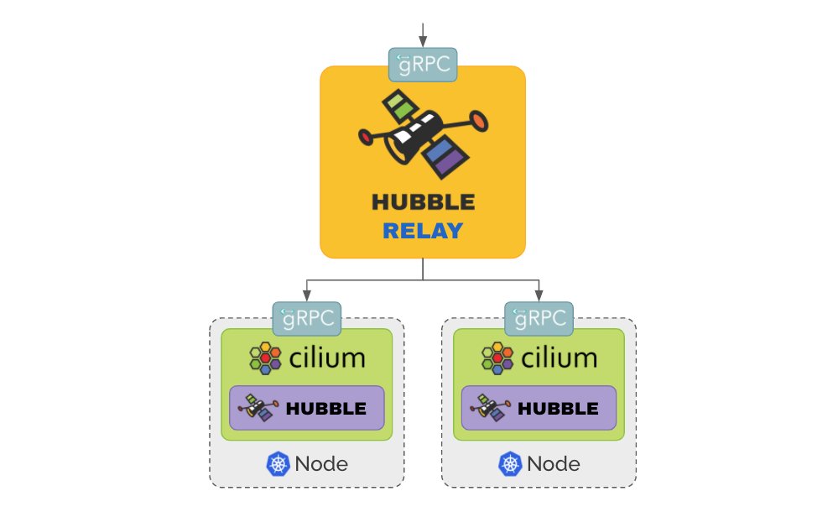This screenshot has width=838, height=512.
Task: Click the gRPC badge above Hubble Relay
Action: click(423, 64)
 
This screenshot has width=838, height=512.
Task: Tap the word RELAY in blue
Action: click(422, 231)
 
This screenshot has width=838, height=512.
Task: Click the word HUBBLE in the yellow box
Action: click(422, 201)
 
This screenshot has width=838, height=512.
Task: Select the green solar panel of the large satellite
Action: click(398, 105)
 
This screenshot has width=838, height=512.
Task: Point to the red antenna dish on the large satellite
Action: click(479, 123)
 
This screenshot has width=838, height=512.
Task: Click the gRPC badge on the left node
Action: click(306, 318)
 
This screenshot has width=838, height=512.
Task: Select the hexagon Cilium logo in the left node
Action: click(266, 358)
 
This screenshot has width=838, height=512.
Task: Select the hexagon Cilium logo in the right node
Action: click(497, 358)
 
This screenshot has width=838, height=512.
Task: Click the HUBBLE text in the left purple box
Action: click(325, 409)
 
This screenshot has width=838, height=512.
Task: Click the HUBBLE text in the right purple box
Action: click(558, 409)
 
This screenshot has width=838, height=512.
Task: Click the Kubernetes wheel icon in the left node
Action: click(278, 463)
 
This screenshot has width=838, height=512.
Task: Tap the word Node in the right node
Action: click(553, 463)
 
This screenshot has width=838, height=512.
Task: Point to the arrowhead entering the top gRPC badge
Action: click(423, 43)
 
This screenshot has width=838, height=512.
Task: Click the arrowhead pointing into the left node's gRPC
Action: click(306, 296)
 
